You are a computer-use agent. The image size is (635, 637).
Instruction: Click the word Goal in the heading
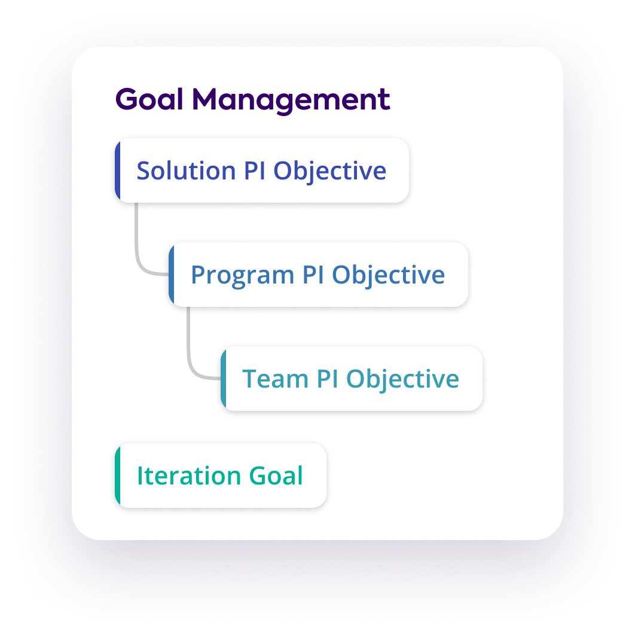[x=149, y=99]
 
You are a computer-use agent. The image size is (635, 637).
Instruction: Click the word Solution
[x=186, y=170]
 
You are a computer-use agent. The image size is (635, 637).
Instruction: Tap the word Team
[x=275, y=379]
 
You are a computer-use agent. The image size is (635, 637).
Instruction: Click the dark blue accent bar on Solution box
[x=118, y=170]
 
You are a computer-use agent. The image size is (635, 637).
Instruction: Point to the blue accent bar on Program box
[x=172, y=275]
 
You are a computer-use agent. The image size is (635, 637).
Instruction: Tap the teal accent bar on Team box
[x=224, y=379]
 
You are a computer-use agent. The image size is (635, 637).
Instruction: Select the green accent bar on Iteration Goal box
[x=118, y=476]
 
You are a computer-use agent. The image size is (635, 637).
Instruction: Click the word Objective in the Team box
[x=403, y=379]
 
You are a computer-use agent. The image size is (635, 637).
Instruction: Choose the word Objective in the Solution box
[x=330, y=170]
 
